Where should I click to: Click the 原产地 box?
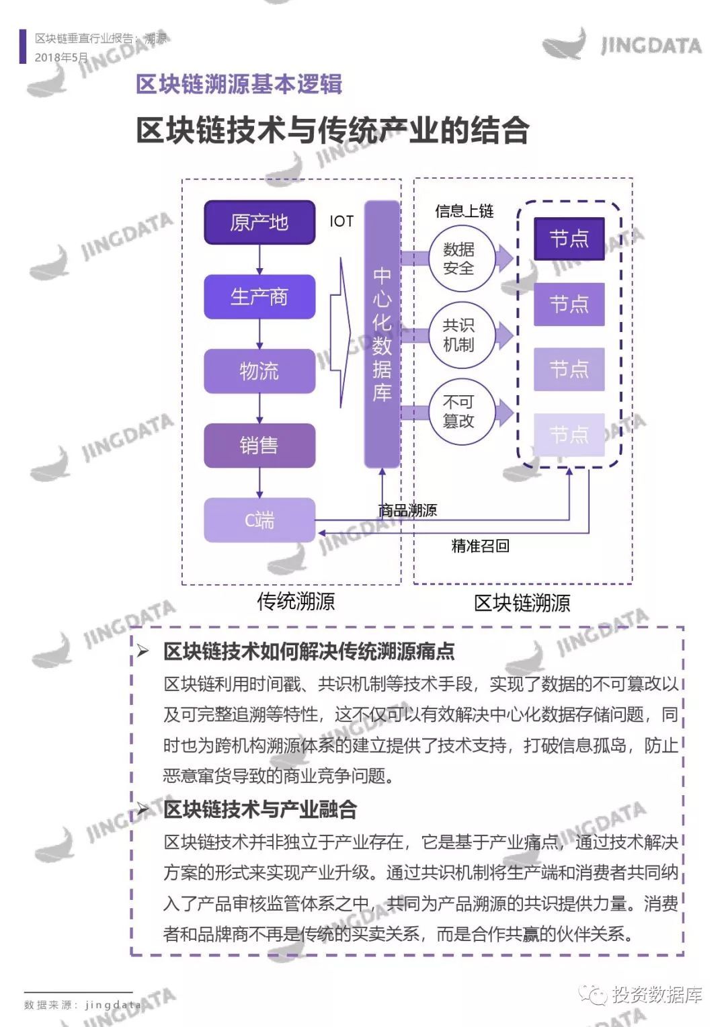point(259,222)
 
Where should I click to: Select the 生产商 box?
point(259,296)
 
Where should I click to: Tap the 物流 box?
point(259,371)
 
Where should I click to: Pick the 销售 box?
point(259,446)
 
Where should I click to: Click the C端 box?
point(259,520)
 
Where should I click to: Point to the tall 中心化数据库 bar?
point(382,334)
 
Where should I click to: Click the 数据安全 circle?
point(459,259)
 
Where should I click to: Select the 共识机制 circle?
point(459,335)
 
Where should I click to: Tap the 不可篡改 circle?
point(459,411)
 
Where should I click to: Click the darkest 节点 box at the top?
point(569,239)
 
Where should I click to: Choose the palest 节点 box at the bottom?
point(569,435)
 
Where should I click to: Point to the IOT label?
point(341,221)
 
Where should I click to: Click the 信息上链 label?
point(464,211)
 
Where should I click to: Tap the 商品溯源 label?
point(407,510)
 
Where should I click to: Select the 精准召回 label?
point(480,546)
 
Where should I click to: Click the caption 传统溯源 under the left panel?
point(296,601)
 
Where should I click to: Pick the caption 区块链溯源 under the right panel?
point(522,603)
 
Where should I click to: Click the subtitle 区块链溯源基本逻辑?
point(239,84)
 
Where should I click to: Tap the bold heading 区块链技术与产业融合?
point(260,809)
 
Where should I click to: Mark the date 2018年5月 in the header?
point(61,57)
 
